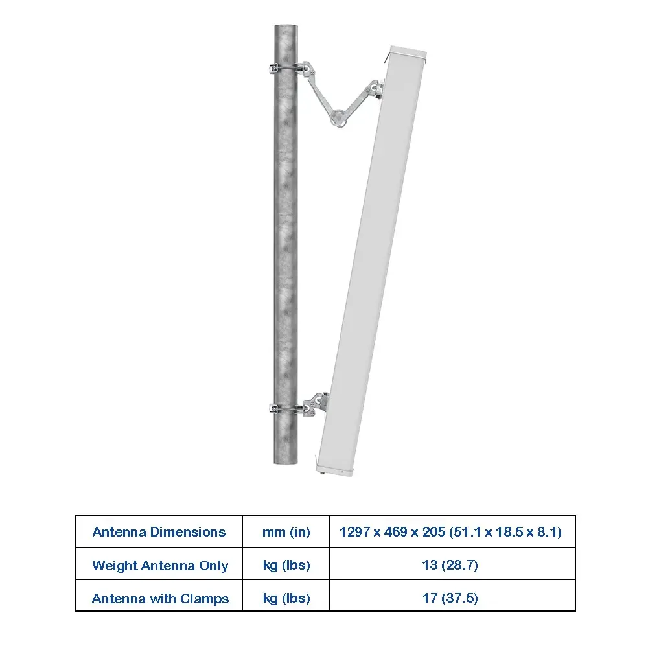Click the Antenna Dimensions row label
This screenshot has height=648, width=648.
[159, 532]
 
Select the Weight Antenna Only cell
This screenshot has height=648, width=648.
[160, 565]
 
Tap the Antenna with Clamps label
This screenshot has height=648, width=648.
[160, 598]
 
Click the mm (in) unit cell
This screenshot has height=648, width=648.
[286, 532]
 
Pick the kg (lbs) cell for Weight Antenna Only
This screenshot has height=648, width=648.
[286, 565]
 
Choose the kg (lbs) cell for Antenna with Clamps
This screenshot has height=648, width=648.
[286, 598]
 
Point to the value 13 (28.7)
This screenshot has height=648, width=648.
[450, 565]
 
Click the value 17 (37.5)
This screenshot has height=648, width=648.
[450, 598]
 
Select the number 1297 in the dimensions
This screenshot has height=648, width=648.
[354, 532]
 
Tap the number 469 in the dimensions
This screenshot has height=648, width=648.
[395, 532]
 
